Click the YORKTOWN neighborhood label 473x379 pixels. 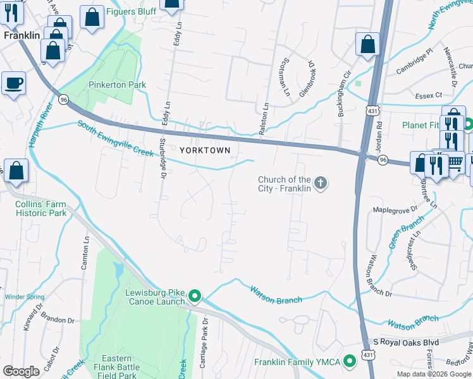tap(204, 150)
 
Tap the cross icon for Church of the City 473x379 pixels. tap(321, 184)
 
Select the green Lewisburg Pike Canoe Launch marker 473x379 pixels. tap(195, 296)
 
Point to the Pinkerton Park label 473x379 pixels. tap(117, 85)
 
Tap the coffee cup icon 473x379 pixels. tap(13, 83)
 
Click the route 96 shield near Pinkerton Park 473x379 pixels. tap(63, 99)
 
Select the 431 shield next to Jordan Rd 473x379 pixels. tap(372, 110)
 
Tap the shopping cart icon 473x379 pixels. tap(455, 163)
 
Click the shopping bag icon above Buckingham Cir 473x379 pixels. tap(367, 45)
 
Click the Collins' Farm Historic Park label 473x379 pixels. tap(41, 208)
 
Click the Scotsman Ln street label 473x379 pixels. tap(283, 82)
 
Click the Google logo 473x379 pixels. tap(21, 371)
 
